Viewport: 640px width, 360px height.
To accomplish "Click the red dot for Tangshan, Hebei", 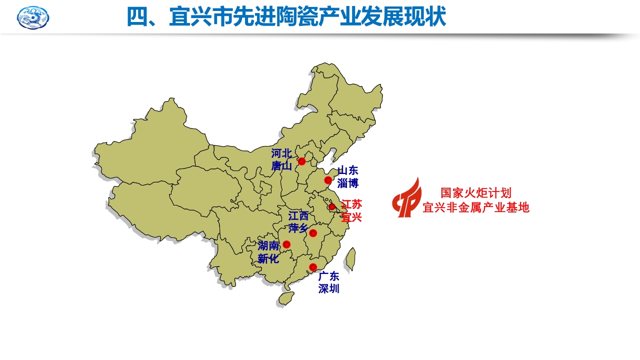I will point(301,161).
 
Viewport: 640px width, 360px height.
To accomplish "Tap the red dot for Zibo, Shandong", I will point(328,180).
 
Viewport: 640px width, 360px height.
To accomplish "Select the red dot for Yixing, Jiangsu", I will point(331,206).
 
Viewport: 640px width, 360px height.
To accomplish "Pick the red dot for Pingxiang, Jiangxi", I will point(313,233).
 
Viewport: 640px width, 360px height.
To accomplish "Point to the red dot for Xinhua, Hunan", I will point(286,244).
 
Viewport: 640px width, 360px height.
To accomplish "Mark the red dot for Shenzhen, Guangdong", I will point(313,267).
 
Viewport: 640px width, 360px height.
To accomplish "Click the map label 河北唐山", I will point(282,159).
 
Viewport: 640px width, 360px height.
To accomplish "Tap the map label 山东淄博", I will point(348,177).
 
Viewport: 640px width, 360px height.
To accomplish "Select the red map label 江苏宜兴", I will point(351,210).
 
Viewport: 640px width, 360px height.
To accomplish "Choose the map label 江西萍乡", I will point(298,222).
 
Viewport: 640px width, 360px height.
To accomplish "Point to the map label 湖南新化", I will point(269,252).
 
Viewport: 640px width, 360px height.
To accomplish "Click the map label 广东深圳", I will point(329,282).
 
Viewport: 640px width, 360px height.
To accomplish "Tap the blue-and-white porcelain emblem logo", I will point(33,17).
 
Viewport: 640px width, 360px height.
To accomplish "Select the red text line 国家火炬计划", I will point(475,193).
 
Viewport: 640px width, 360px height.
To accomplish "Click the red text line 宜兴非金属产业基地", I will point(475,207).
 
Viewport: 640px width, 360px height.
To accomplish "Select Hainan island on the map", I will point(285,298).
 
